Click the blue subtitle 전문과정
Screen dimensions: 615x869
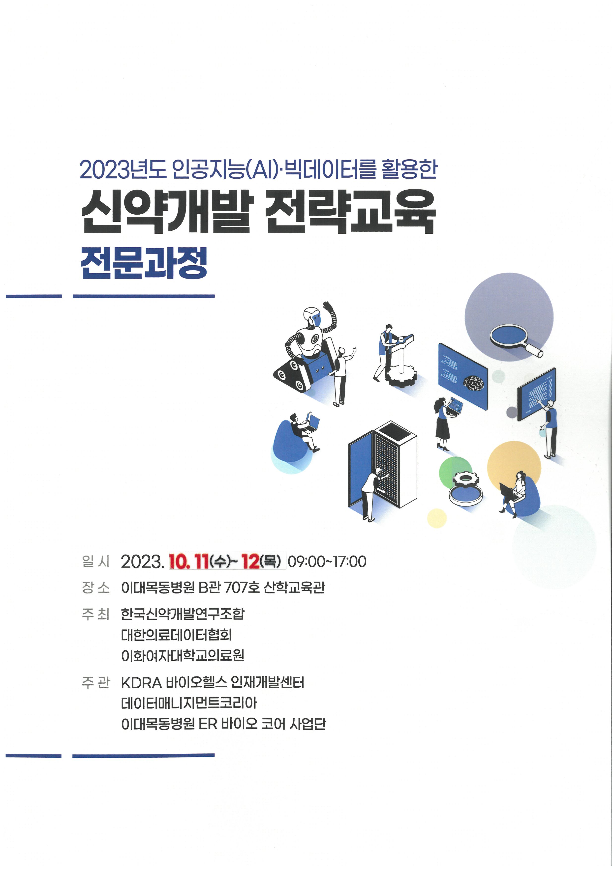point(144,263)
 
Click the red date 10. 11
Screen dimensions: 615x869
point(188,562)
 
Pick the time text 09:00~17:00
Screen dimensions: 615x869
point(327,562)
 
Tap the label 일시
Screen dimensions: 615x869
point(95,562)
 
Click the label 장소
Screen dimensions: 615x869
point(95,588)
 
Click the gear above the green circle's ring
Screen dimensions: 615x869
point(465,479)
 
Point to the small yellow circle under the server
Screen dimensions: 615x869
point(437,518)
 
